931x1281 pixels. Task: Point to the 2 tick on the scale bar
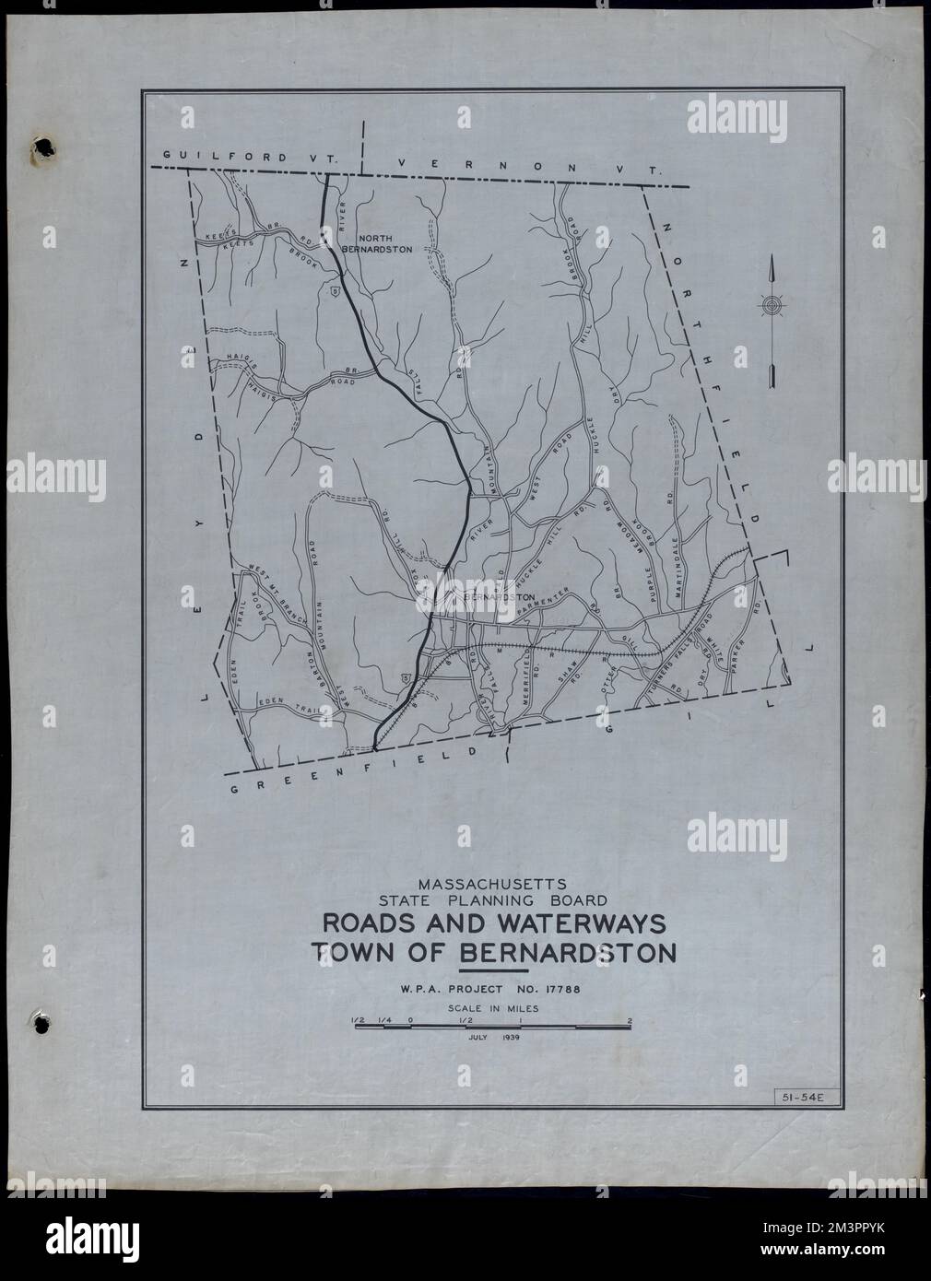point(630,1020)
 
